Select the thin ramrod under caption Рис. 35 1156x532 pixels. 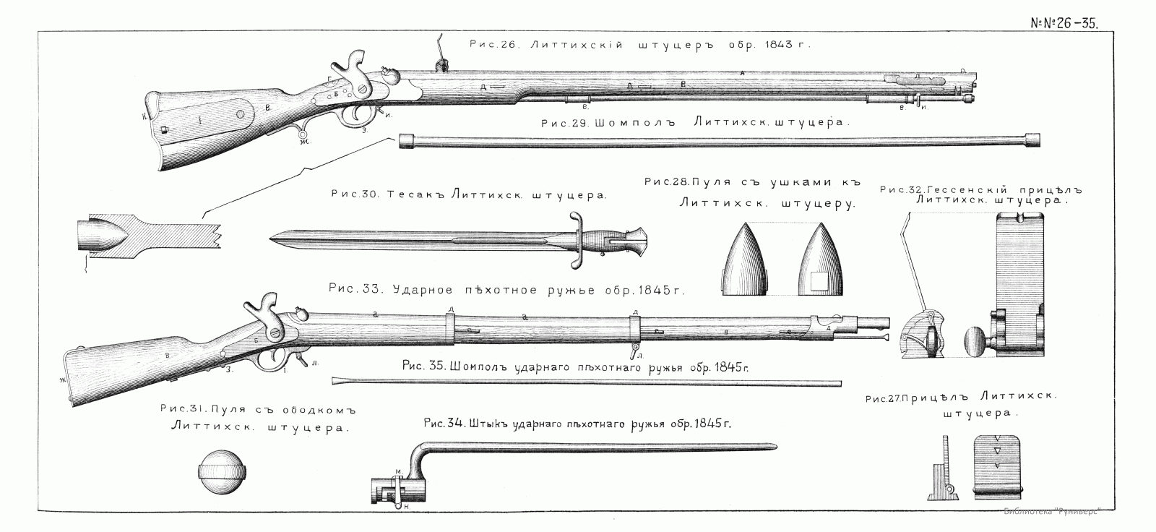pos(585,382)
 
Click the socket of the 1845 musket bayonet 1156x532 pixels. pos(390,492)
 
